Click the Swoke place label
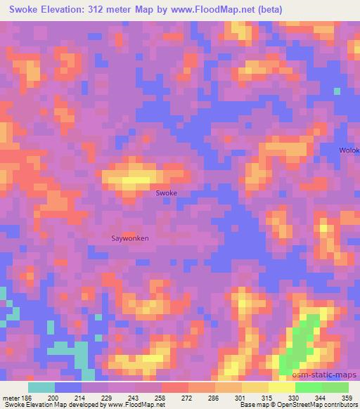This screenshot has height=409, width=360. (166, 193)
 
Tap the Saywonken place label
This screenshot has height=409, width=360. (130, 238)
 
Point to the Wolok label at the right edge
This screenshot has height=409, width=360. (349, 150)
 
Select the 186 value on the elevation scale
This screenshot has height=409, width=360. (25, 398)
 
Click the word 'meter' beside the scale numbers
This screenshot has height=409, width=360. (10, 398)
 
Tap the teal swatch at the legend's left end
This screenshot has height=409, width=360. (41, 387)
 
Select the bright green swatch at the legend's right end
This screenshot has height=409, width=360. (335, 387)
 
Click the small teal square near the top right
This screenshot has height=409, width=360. (337, 91)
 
